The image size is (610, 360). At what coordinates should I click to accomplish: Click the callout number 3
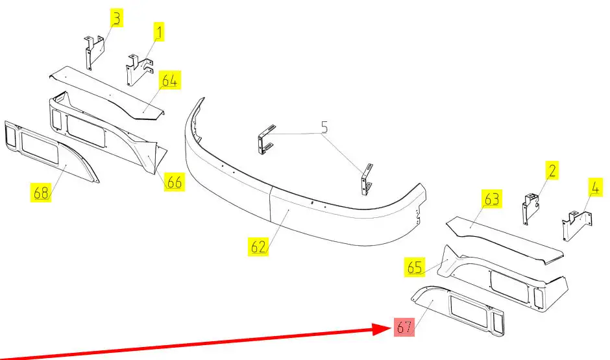click(x=116, y=19)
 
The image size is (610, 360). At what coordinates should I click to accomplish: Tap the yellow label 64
click(x=170, y=81)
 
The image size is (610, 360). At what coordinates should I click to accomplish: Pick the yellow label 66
click(x=174, y=182)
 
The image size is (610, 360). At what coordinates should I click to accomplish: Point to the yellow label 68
click(x=41, y=193)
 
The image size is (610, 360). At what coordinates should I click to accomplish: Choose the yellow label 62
click(x=258, y=246)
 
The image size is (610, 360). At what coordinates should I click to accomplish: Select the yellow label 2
click(x=552, y=171)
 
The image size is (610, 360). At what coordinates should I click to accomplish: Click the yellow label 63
click(x=491, y=198)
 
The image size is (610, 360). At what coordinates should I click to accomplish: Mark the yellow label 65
click(x=415, y=266)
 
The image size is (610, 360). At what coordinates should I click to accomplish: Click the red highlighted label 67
click(x=404, y=328)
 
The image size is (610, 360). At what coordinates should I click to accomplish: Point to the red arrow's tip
click(x=388, y=328)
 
